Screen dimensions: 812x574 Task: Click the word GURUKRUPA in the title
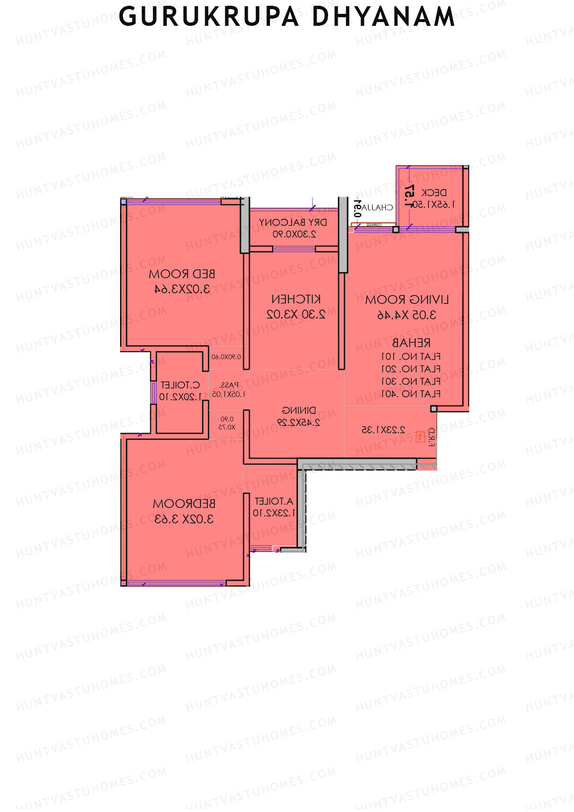click(209, 17)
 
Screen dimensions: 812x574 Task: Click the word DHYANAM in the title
click(383, 17)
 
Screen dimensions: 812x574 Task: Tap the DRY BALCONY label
click(293, 222)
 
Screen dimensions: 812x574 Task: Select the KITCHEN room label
click(296, 300)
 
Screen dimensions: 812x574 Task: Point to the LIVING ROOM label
click(407, 300)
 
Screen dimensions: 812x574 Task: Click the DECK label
click(434, 193)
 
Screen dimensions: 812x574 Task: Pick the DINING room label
click(298, 411)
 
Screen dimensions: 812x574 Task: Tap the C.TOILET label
click(180, 385)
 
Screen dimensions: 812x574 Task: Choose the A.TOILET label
click(274, 501)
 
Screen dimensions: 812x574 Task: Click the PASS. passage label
click(229, 385)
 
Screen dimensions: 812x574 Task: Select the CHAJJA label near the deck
click(377, 208)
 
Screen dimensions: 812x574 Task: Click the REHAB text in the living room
click(411, 343)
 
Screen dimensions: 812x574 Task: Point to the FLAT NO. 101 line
click(411, 356)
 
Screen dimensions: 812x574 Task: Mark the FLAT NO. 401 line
click(411, 394)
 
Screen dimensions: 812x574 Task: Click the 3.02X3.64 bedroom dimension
click(182, 289)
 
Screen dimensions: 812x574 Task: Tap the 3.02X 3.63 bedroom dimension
click(184, 519)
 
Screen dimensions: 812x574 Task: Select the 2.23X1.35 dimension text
click(383, 430)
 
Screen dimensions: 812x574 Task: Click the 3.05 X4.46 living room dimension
click(407, 315)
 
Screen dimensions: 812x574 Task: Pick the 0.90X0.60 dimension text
click(226, 357)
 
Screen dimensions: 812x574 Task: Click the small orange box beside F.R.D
click(420, 436)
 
